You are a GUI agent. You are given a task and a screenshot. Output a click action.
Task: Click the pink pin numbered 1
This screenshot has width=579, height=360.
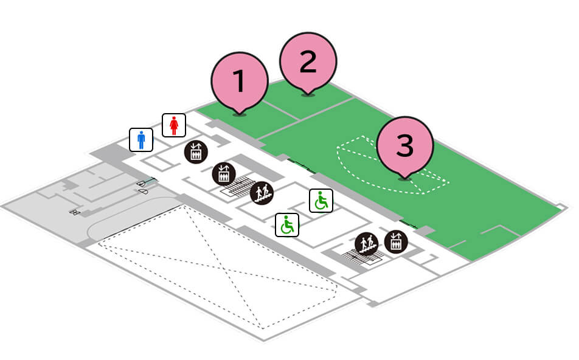coord(240,82)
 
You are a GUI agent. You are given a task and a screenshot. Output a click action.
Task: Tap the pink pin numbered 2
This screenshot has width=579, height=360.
coord(308,62)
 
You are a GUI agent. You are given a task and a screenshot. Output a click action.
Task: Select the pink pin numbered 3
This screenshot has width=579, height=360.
coord(405,145)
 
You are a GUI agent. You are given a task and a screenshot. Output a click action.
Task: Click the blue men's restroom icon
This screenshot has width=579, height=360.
coord(141,140)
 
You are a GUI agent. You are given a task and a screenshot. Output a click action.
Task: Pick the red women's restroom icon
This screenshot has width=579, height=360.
coord(174,125)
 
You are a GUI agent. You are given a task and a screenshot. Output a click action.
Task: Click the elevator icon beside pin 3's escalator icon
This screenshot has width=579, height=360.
coord(396,242)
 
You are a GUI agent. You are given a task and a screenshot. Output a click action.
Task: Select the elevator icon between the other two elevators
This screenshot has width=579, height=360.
coord(223,175)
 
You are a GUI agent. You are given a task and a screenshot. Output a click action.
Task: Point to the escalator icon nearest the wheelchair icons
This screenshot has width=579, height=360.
coord(262,193)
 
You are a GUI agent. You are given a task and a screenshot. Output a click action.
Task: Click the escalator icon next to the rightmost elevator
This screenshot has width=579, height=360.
coord(367,244)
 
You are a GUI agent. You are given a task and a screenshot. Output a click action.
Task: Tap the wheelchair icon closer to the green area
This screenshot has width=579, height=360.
coord(321,201)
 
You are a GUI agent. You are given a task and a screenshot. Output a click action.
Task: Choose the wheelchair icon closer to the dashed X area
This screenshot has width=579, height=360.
coord(287,225)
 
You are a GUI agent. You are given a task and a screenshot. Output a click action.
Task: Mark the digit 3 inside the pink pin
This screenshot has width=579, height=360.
coord(405,145)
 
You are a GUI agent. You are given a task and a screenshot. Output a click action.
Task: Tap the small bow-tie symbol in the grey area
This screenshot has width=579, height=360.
coord(75,212)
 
